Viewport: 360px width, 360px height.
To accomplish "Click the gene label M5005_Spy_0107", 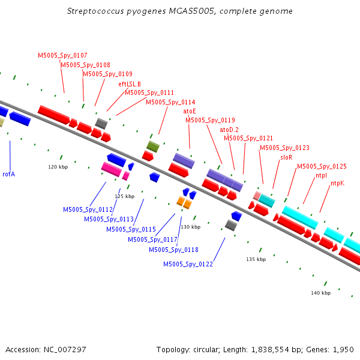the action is (62, 56).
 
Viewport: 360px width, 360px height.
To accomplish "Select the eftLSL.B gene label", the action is (130, 84).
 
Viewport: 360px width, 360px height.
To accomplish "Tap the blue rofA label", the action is (9, 174).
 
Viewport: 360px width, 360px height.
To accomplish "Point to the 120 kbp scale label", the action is (58, 167).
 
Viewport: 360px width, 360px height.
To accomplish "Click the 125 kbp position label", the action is (125, 196).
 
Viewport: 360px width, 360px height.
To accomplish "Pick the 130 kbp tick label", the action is (191, 227).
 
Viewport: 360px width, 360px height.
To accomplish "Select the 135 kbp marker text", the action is (256, 259).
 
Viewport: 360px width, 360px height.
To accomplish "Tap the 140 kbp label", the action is (321, 293).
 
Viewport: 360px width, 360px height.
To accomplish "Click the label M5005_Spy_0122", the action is (188, 265).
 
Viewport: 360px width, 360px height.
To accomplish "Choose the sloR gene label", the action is (286, 157).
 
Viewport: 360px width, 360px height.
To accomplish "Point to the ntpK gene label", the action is (337, 183).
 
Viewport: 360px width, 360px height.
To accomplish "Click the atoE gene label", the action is (190, 112).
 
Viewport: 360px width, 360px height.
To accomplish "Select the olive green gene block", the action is (153, 146).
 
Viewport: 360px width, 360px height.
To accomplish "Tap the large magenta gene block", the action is (112, 169).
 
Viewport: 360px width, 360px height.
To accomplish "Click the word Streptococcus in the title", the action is (95, 11).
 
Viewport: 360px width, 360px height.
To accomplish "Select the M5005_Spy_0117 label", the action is (152, 239).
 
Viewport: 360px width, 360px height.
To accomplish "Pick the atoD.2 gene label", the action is (229, 130).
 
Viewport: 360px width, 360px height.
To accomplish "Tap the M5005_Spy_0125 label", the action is (322, 166).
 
